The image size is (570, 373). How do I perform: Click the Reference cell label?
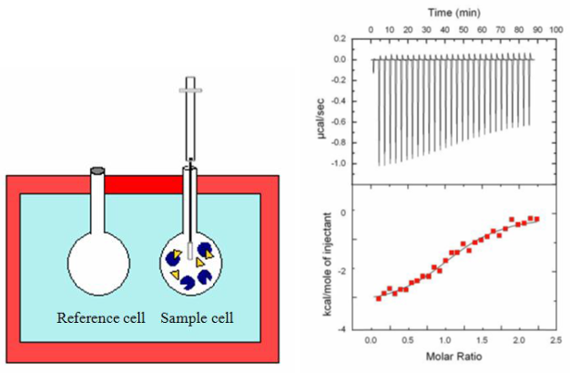pyautogui.click(x=100, y=318)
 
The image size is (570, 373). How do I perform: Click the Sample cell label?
pyautogui.click(x=198, y=318)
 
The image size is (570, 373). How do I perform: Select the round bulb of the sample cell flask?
pyautogui.click(x=190, y=264)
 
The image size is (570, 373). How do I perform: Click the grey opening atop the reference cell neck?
pyautogui.click(x=98, y=171)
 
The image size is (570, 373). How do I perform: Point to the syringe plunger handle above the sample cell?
pyautogui.click(x=189, y=91)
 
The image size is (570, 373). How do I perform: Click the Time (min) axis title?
pyautogui.click(x=454, y=12)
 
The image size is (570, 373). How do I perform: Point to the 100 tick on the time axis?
pyautogui.click(x=555, y=28)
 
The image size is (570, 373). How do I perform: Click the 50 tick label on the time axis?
pyautogui.click(x=463, y=28)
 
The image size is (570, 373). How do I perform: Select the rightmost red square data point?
pyautogui.click(x=536, y=219)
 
